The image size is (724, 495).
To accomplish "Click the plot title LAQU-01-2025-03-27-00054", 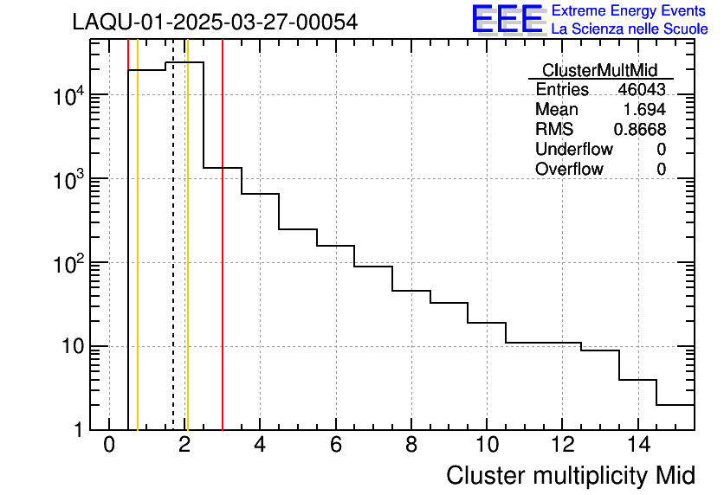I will tap(215, 22).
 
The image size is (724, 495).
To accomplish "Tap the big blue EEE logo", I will tap(508, 20).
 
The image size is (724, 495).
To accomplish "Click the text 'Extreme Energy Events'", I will tap(629, 11).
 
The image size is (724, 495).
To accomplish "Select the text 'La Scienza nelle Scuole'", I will tap(630, 29).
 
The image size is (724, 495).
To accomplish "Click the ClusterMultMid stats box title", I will tap(599, 70).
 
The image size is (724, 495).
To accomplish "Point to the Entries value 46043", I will tap(642, 90).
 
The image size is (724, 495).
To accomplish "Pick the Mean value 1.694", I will tap(644, 110).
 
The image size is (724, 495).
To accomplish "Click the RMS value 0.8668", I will tap(640, 130).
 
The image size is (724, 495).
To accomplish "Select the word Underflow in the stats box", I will tap(573, 150).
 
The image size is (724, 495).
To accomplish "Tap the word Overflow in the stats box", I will tap(569, 170).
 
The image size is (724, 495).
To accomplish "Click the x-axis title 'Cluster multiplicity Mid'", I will tap(570, 475).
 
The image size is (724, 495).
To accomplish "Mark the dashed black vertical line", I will tap(173, 260).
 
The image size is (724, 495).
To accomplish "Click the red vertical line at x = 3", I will tap(223, 260).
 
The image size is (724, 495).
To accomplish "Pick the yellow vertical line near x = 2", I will tap(187, 260).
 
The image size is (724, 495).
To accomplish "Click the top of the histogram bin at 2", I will tap(184, 62).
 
